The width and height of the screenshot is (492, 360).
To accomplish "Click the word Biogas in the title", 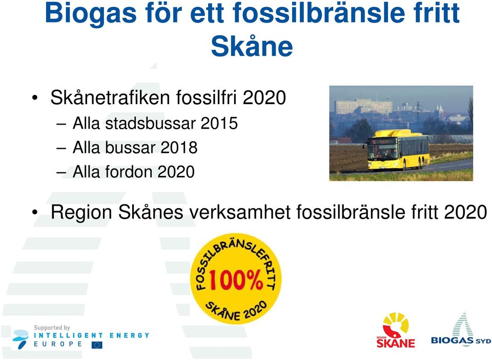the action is coord(91,13).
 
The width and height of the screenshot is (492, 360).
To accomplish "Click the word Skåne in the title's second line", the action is coord(252,46).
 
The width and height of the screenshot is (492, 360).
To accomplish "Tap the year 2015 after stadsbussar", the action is coord(219,123).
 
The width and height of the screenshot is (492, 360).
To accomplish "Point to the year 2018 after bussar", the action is coord(179,147).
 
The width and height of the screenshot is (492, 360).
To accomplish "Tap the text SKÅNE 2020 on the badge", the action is coord(236,311).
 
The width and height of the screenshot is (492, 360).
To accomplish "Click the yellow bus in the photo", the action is coord(396,150).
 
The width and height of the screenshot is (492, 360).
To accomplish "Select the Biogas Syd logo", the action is coord(461,330).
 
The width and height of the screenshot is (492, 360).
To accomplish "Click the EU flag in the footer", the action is coord(97,345).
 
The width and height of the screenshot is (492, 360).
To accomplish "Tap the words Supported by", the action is coord(52,328).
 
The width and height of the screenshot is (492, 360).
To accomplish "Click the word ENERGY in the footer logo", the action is coord(129,335).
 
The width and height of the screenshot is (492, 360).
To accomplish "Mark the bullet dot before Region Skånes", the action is coord(35,212).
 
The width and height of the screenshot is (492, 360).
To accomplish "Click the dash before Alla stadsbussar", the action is coord(61,124).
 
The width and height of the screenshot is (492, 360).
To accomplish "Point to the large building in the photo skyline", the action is coord(364,106).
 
